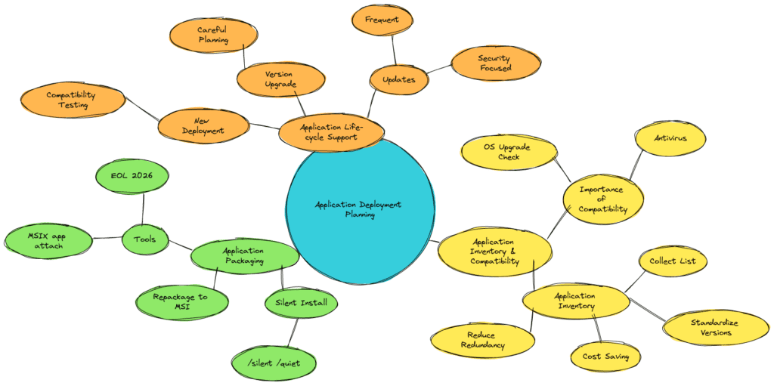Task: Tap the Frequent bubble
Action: coord(382,20)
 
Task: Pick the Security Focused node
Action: coord(495,63)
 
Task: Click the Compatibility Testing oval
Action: coord(73,100)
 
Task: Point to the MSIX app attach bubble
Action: coord(48,241)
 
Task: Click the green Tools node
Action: coord(145,239)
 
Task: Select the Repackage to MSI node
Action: coord(181,302)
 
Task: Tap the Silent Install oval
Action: coord(301,304)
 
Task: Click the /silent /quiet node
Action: coord(274,363)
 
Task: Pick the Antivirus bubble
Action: coord(670,138)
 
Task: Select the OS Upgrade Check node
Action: coord(508,152)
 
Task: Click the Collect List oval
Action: coord(673,261)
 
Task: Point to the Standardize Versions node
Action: coord(715,328)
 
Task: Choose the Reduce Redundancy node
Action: coord(481,339)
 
